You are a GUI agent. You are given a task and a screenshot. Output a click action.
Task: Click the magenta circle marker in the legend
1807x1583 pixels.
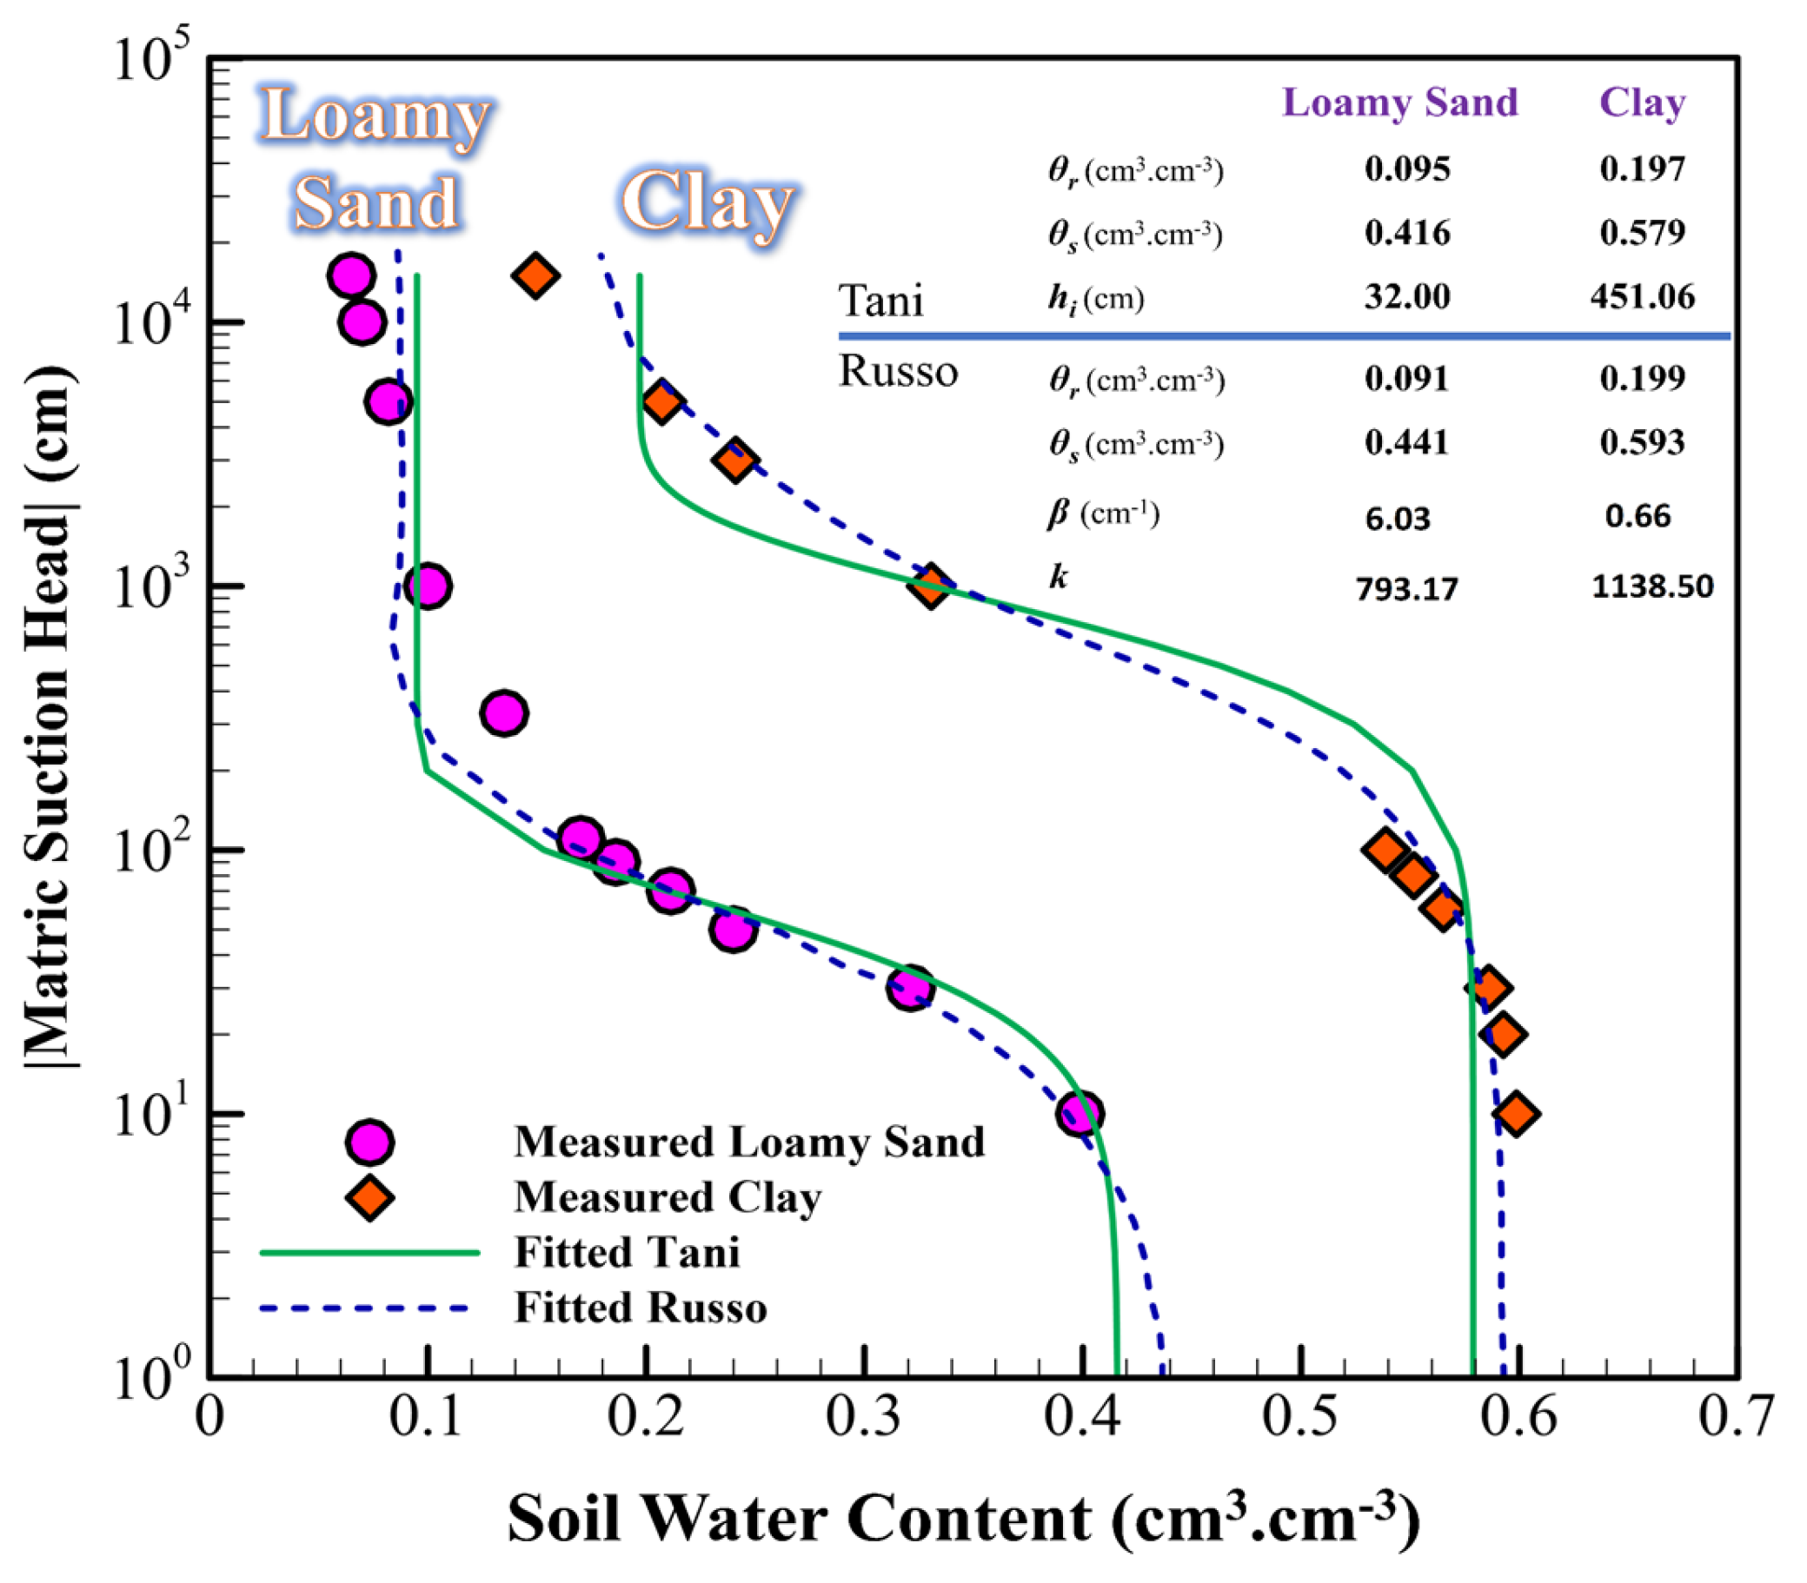[x=369, y=1143]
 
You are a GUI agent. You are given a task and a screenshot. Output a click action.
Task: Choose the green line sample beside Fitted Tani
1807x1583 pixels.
[x=369, y=1253]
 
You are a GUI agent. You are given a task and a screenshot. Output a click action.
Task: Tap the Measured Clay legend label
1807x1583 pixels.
[x=668, y=1198]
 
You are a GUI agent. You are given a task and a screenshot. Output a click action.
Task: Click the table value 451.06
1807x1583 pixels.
[x=1642, y=297]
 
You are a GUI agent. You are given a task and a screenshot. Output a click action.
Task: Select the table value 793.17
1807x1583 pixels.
[x=1406, y=588]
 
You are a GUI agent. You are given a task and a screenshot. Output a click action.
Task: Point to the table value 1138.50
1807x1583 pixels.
[x=1651, y=586]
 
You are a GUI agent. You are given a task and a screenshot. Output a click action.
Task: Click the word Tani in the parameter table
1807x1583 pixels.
[x=880, y=301]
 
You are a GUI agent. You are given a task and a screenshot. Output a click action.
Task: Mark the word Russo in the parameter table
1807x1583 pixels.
[x=898, y=372]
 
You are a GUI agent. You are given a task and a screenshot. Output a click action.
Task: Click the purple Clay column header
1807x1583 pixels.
[x=1642, y=103]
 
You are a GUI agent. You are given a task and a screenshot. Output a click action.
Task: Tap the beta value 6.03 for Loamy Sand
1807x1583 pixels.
[x=1397, y=519]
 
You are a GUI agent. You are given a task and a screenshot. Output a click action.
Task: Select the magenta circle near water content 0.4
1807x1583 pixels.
[x=1079, y=1114]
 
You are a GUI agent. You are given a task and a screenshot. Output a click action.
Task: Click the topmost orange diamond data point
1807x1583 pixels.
[x=535, y=275]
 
